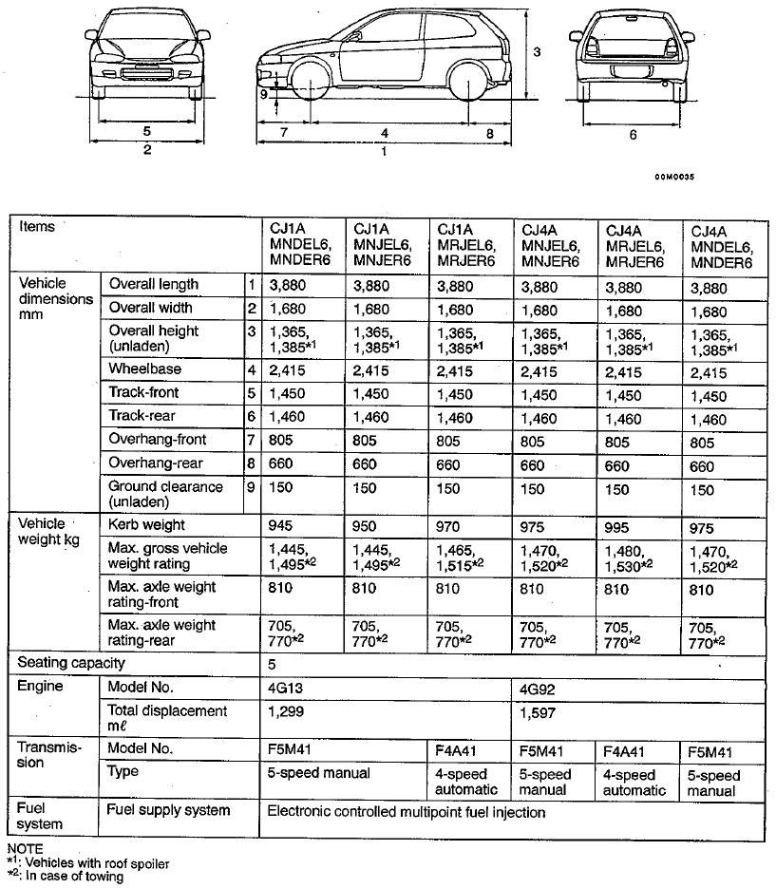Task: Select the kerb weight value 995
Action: tap(618, 525)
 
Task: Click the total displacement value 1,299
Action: tap(287, 711)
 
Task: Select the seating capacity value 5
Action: tap(274, 664)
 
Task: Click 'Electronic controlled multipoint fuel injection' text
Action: tap(407, 812)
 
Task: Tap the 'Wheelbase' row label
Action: tap(144, 368)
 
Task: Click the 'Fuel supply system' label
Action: tap(169, 811)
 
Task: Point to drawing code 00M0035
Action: tap(674, 177)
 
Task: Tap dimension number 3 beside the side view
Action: tap(537, 52)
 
